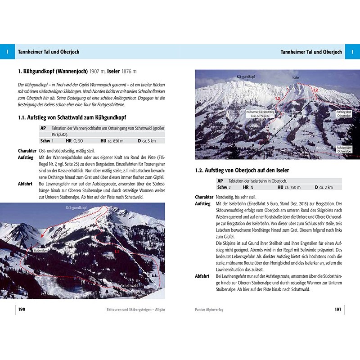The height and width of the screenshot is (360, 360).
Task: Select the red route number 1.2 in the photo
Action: pos(315,90)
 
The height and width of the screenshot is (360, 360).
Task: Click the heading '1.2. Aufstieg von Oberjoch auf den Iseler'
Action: pos(242,171)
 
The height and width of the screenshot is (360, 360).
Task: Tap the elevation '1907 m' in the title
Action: pos(97,71)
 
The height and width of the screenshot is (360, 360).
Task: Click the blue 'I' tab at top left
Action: pos(8,52)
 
